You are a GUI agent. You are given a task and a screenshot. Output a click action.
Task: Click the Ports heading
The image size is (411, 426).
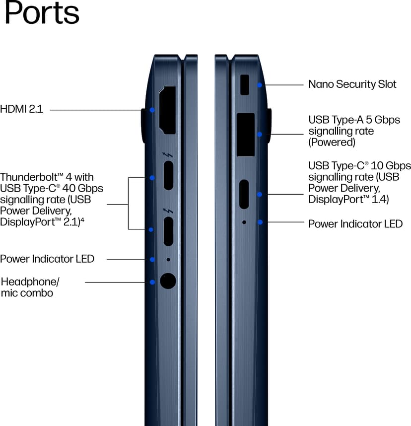(x=42, y=12)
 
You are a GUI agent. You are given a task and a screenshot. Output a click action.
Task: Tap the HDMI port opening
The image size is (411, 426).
(x=167, y=110)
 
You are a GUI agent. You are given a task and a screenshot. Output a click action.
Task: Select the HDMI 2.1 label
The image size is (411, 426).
(x=21, y=109)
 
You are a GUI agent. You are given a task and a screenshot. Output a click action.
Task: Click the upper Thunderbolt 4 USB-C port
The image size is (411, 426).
(x=168, y=175)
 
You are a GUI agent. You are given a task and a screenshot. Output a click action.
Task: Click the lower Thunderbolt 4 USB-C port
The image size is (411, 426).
(x=168, y=231)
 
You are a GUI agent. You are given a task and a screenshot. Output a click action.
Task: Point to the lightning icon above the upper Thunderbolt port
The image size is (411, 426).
(x=168, y=155)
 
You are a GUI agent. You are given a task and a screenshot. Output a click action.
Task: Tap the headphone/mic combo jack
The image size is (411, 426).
(x=168, y=281)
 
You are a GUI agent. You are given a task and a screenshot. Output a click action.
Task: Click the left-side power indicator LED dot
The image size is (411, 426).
(x=168, y=260)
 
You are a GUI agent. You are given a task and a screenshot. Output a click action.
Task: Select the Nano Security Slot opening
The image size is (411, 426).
(x=245, y=85)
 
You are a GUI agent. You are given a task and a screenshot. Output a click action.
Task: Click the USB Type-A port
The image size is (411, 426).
(x=246, y=135)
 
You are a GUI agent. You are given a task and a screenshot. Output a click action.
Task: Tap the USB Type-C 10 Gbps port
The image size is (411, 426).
(x=244, y=194)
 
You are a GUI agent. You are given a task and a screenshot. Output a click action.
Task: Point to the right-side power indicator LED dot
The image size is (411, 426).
(x=244, y=222)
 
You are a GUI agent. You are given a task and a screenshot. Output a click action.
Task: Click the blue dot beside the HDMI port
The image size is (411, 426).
(x=152, y=110)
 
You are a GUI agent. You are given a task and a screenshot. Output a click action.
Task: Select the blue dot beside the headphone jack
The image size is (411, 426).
(x=152, y=283)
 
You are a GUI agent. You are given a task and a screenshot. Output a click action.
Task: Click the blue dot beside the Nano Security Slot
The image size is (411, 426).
(x=260, y=85)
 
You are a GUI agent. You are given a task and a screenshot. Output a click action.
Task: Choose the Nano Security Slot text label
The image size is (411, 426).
(x=352, y=84)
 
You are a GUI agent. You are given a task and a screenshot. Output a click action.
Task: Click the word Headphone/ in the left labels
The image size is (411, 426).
(x=30, y=282)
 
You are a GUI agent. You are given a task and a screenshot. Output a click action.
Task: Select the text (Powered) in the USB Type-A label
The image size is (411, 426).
(x=332, y=142)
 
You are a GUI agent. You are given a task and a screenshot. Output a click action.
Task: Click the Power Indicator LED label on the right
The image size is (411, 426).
(x=355, y=224)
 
